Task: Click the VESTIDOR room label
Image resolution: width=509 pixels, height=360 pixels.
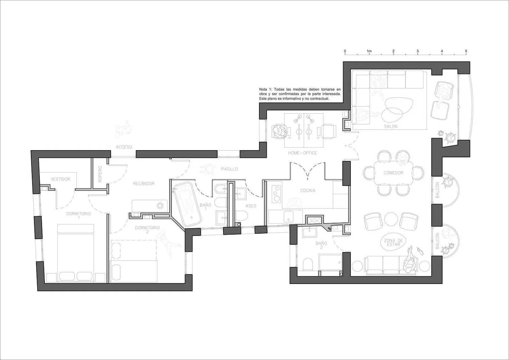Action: (x=60, y=179)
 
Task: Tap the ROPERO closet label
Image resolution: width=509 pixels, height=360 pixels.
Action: (x=100, y=174)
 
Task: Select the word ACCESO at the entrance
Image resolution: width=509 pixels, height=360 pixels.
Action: (x=124, y=147)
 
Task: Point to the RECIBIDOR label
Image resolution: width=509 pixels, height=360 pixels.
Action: (x=144, y=183)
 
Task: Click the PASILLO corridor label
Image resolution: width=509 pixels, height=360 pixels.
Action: (x=229, y=169)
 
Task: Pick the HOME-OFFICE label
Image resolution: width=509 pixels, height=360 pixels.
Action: (x=302, y=153)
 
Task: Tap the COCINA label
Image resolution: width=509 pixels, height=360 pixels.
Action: (x=308, y=191)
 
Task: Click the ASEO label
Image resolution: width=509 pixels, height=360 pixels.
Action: (x=251, y=206)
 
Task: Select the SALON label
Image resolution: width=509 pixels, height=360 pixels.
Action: (x=391, y=126)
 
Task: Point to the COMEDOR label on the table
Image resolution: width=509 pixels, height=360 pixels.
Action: (x=393, y=173)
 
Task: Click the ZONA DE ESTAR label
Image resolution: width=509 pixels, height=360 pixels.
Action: (x=393, y=242)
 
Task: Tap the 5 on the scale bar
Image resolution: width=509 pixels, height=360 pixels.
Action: (x=466, y=51)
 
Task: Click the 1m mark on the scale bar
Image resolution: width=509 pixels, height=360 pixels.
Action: (x=369, y=51)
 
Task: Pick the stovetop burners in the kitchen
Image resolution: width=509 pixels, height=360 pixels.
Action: (x=277, y=194)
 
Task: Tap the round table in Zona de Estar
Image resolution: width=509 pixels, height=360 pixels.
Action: (x=391, y=219)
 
